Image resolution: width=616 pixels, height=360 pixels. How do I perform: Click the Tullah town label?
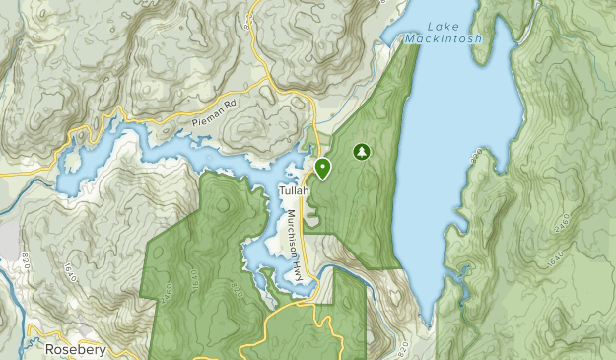click(x=294, y=189)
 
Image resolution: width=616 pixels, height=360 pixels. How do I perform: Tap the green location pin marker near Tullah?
click(x=322, y=168)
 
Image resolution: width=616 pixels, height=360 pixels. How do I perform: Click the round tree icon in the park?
click(x=362, y=152)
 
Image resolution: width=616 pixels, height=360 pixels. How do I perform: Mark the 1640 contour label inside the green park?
click(x=195, y=280)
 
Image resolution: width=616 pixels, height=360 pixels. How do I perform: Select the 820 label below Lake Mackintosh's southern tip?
click(x=403, y=349)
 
